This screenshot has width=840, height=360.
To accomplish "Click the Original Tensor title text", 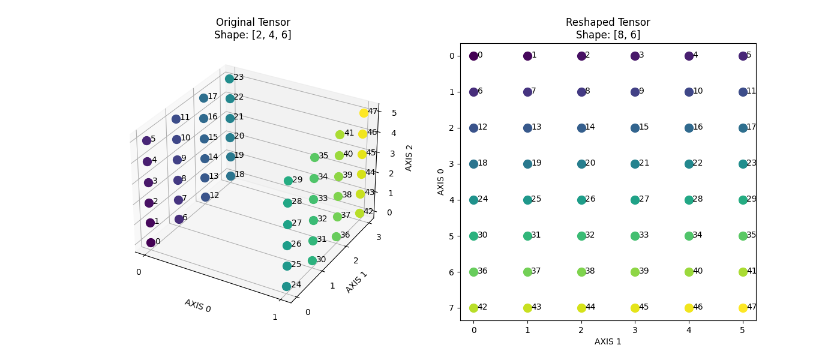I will (253, 23).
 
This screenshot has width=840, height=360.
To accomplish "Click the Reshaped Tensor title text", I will (608, 23).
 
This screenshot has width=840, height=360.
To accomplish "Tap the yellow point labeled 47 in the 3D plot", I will (364, 113).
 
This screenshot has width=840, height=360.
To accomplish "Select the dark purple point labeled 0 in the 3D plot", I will (151, 242).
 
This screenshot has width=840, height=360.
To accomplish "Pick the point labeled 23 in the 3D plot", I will (229, 79).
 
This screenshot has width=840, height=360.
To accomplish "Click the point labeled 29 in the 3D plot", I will (288, 181).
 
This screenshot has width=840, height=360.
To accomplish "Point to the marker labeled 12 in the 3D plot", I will (205, 197).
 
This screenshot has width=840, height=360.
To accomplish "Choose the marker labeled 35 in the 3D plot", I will (314, 157).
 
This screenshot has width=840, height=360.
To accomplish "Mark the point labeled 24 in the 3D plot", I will (286, 286).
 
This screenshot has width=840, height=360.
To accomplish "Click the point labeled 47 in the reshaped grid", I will (743, 308).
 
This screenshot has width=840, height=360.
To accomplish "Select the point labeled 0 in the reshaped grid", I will (473, 56).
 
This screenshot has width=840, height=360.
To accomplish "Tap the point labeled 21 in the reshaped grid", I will (635, 164).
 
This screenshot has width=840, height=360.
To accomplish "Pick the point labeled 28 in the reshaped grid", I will (689, 200).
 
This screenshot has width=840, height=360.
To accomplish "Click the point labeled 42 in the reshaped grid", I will (473, 308).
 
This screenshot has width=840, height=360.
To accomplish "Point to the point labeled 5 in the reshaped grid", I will (743, 56).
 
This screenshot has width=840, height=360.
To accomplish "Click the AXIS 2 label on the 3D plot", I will (409, 158).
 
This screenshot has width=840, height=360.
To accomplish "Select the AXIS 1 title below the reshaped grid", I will (608, 341).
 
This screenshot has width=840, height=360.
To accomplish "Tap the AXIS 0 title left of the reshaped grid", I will (441, 181).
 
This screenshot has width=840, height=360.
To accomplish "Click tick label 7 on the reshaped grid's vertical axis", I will (451, 308).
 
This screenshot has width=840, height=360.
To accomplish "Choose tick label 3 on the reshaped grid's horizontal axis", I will (635, 329).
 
